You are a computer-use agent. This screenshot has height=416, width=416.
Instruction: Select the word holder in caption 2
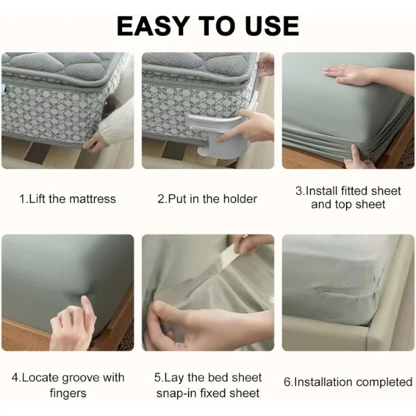[241, 199]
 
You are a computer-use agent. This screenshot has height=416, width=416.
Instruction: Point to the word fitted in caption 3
[354, 191]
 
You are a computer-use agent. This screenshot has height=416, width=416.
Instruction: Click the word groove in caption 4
[81, 379]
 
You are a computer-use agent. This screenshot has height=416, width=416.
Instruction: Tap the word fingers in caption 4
[68, 393]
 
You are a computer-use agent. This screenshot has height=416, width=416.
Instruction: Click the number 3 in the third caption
[299, 191]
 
